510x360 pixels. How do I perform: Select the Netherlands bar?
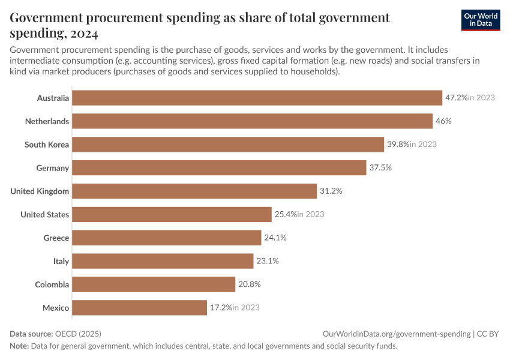coord(252,121)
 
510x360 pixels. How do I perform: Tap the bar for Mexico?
coord(139,308)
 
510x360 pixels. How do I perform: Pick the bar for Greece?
coord(167,238)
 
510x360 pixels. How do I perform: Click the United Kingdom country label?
coord(40,191)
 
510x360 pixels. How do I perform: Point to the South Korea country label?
coord(47,145)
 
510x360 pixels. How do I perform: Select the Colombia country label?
coord(52,284)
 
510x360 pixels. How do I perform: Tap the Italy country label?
coord(61,262)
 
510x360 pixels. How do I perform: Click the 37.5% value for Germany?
coord(380,168)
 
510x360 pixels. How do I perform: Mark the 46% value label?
coord(443,121)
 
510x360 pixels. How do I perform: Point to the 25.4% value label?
coord(286,215)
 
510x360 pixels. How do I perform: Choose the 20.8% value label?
coord(249,284)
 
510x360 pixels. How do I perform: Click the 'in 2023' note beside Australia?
coord(481,98)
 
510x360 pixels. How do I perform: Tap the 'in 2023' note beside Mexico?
coord(246,308)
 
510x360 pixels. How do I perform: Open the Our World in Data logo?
coord(480,20)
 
